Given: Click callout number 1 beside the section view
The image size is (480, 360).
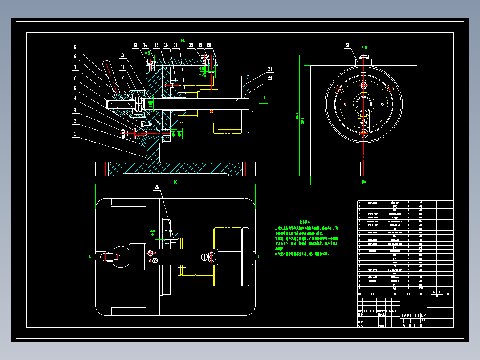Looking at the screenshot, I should point(75,134).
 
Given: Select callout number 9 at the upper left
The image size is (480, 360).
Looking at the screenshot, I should point(75,47).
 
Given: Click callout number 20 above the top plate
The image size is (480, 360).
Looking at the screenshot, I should point(209,45).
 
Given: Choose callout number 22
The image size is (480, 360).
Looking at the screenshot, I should point(270,78).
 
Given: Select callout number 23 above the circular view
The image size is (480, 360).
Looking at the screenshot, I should point(347,45).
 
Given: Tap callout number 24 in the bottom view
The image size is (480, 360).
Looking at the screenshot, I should point(157,188).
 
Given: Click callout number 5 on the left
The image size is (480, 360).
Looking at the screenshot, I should point(75,88).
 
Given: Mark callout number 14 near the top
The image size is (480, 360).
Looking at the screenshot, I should point(145,45).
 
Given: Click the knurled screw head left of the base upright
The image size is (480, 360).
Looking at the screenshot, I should point(123,132).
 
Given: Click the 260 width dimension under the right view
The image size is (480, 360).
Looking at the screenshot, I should point(363,182).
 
